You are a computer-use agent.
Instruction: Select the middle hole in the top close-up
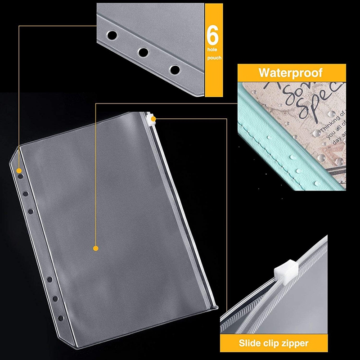(143, 52)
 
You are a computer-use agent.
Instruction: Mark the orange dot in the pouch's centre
(95, 248)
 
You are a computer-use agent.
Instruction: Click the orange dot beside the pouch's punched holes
(19, 171)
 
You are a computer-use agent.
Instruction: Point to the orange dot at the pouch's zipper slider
(154, 119)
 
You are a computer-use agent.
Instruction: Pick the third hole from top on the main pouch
(31, 211)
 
